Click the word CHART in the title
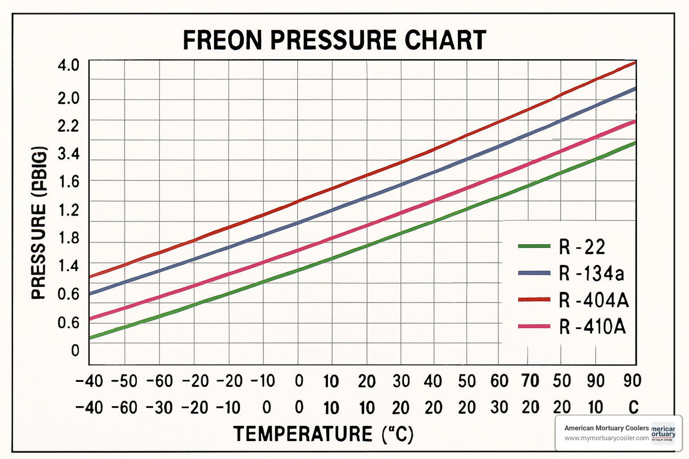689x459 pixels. click(x=445, y=40)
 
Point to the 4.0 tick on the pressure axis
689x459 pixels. click(x=68, y=65)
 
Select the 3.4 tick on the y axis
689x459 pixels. click(x=68, y=154)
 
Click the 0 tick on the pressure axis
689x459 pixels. click(x=75, y=351)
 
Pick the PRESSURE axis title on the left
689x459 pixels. click(x=40, y=223)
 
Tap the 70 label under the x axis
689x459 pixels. click(x=531, y=381)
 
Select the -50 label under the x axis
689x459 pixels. click(x=124, y=381)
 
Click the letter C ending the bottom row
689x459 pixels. click(x=633, y=408)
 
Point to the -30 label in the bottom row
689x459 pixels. click(x=159, y=408)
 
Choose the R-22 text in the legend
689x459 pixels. click(x=582, y=247)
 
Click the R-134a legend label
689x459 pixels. click(x=592, y=274)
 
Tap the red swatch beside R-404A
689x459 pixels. click(x=534, y=300)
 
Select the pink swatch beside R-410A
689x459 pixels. click(x=534, y=326)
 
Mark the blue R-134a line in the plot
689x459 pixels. click(x=367, y=198)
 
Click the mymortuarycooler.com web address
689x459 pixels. click(x=606, y=438)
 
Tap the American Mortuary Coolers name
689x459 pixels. click(x=606, y=428)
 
